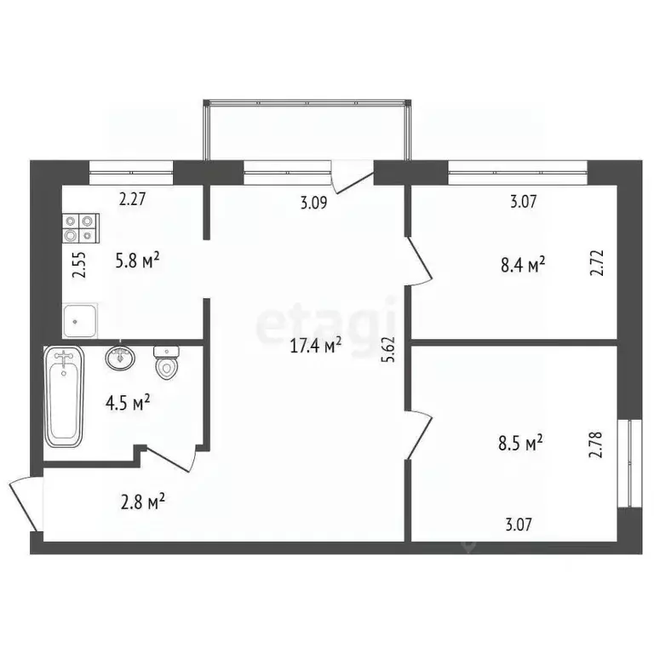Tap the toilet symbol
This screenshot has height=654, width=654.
[166, 362]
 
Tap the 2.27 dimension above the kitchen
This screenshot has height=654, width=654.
[132, 201]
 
